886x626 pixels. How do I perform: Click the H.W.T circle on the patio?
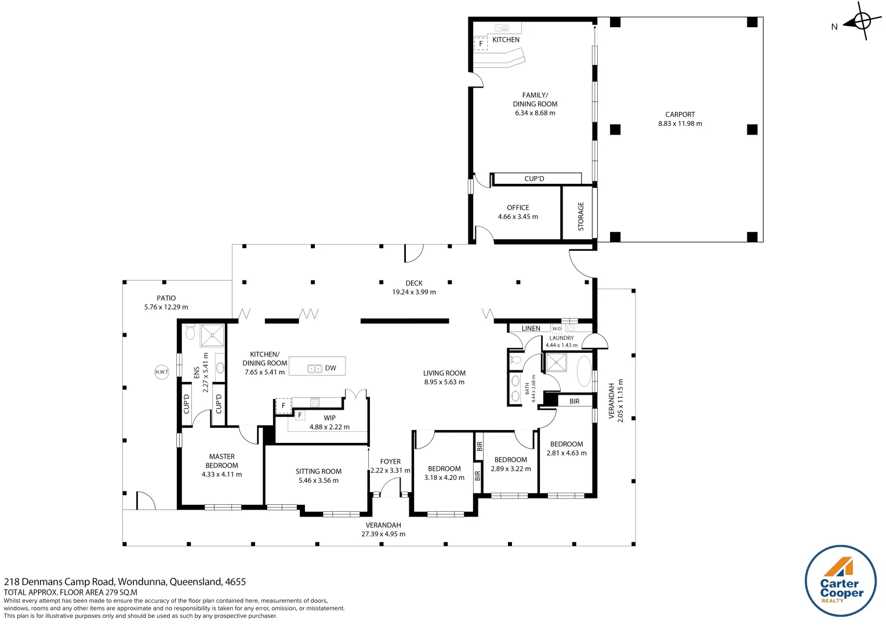tap(162, 372)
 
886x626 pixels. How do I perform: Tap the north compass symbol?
tap(861, 22)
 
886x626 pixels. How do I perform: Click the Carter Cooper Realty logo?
tap(841, 581)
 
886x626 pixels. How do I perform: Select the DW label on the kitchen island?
tap(331, 368)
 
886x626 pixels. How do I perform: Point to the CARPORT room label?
tap(680, 115)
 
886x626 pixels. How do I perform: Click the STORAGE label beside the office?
tap(580, 216)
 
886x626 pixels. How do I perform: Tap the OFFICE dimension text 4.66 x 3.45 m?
tap(518, 217)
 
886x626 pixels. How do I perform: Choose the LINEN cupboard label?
tap(531, 329)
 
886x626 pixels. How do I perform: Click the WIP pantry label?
tap(329, 418)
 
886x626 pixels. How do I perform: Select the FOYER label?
tap(390, 462)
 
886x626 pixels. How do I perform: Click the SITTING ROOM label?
tap(318, 472)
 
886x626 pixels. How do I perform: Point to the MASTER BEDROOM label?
tap(221, 461)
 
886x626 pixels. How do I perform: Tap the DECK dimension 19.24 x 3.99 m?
tap(414, 292)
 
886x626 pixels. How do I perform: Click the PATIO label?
tap(166, 299)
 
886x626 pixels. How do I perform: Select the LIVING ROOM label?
tap(444, 373)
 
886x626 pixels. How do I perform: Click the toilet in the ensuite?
tap(190, 332)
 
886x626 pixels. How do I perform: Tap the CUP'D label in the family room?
tap(534, 179)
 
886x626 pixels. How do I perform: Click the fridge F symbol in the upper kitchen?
tap(481, 43)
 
